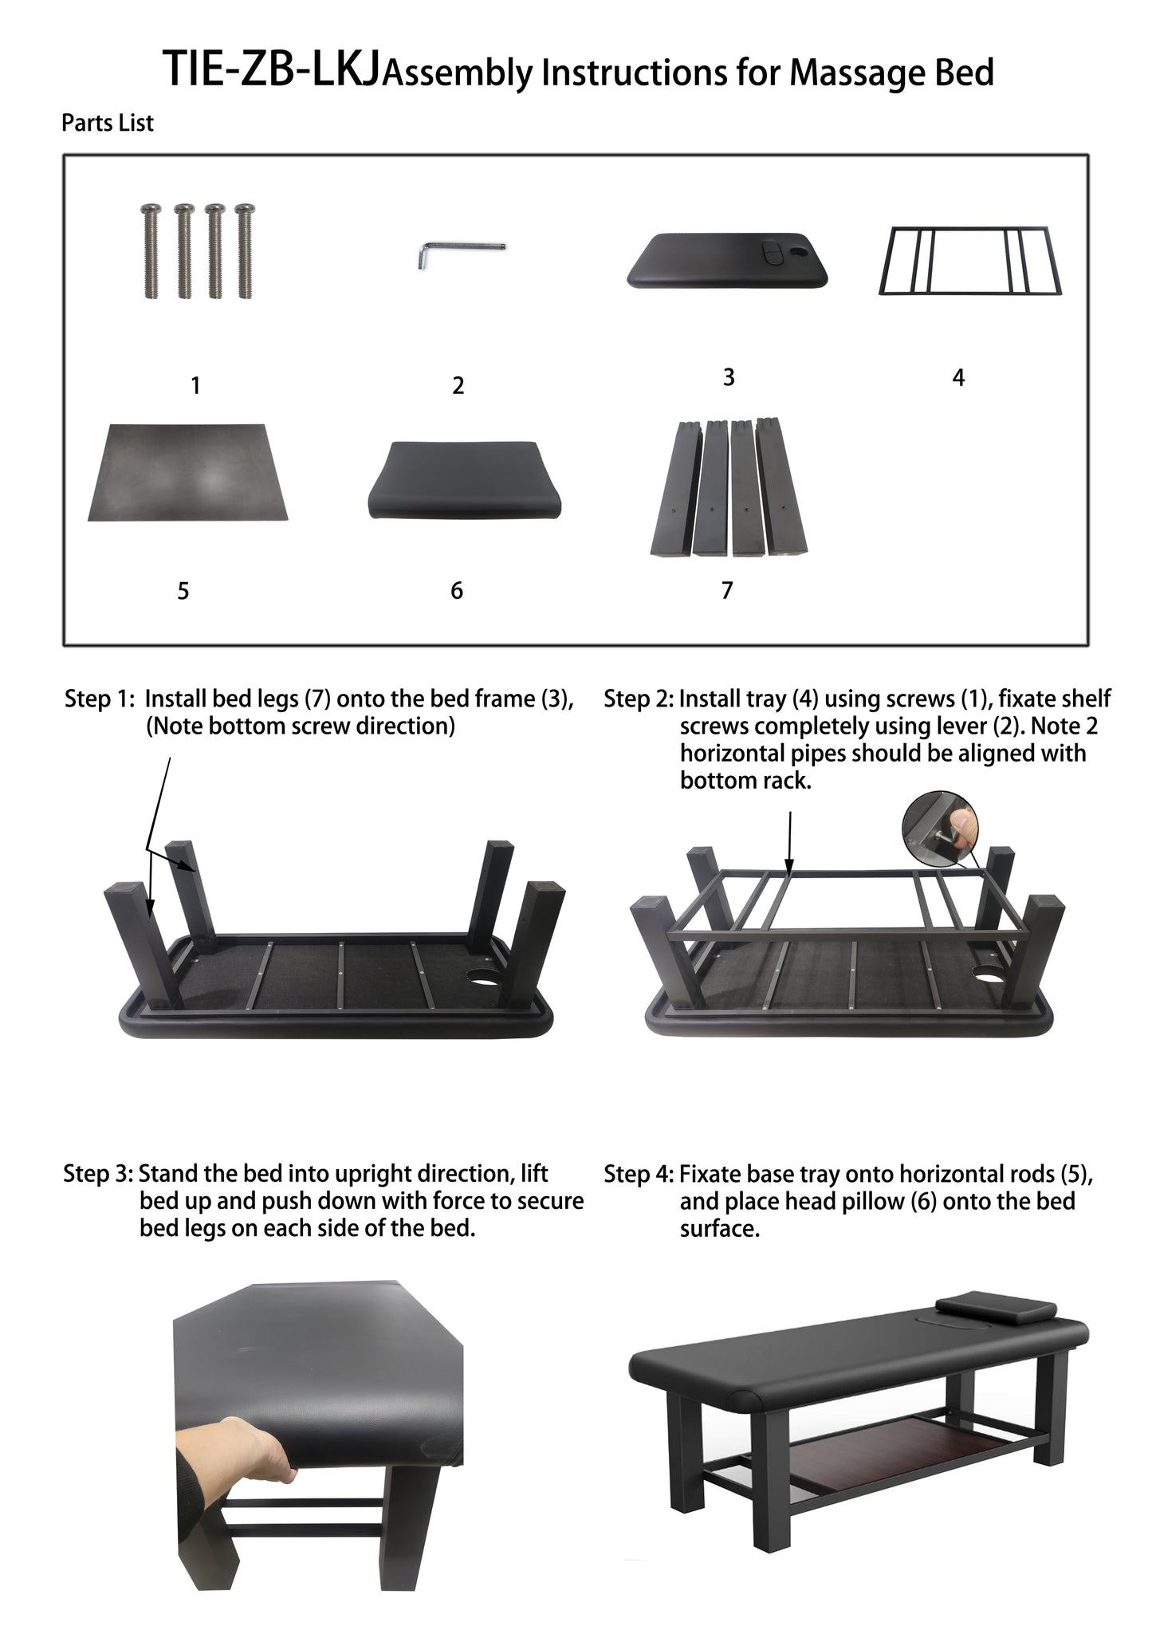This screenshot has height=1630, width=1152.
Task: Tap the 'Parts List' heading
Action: pyautogui.click(x=108, y=123)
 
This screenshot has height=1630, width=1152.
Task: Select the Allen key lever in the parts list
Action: pyautogui.click(x=460, y=254)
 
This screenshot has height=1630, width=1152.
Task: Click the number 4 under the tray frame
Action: pyautogui.click(x=958, y=377)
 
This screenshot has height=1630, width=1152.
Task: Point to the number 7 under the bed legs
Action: pyautogui.click(x=727, y=590)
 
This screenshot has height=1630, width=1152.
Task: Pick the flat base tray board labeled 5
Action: pyautogui.click(x=187, y=472)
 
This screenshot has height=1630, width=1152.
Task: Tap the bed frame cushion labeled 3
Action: pyautogui.click(x=727, y=259)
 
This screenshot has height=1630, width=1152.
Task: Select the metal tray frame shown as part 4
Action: pyautogui.click(x=970, y=262)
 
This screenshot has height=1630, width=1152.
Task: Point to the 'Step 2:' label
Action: pyautogui.click(x=639, y=699)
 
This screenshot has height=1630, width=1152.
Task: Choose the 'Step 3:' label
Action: pyautogui.click(x=99, y=1175)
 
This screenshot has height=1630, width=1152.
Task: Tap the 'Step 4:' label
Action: pyautogui.click(x=639, y=1175)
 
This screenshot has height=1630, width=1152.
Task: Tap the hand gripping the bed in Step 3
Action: pyautogui.click(x=239, y=1451)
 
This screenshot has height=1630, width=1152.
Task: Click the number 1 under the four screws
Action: pyautogui.click(x=195, y=386)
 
